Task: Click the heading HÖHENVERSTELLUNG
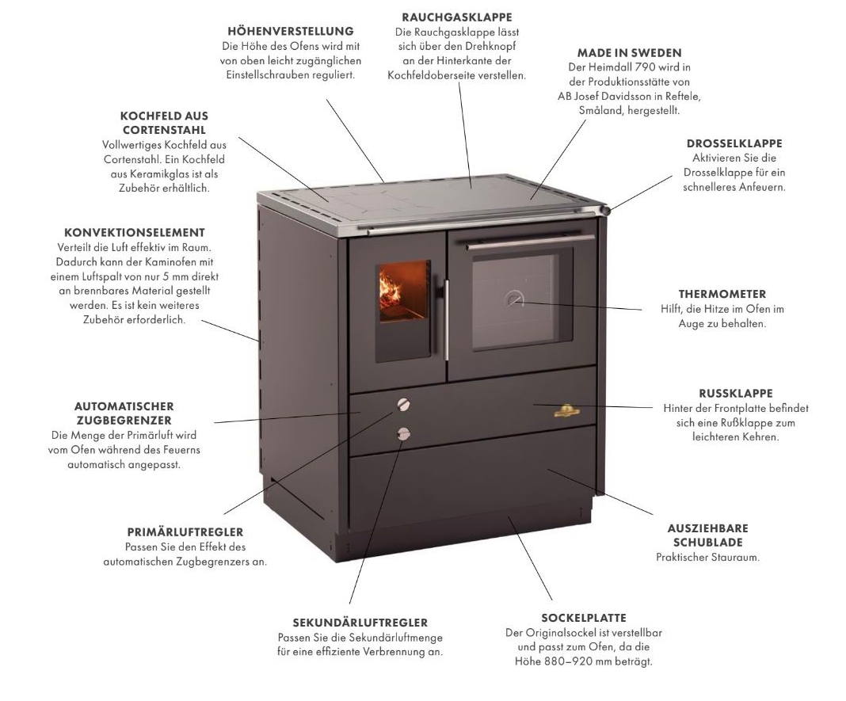click(290, 31)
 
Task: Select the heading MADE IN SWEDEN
click(630, 53)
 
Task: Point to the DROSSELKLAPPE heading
click(734, 144)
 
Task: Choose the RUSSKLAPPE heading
click(736, 393)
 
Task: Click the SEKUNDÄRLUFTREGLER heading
click(360, 623)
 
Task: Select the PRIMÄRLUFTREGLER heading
click(185, 531)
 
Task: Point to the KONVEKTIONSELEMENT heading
click(135, 233)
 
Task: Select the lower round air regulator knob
click(405, 432)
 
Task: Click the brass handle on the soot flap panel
click(567, 409)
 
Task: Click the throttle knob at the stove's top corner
click(606, 210)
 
